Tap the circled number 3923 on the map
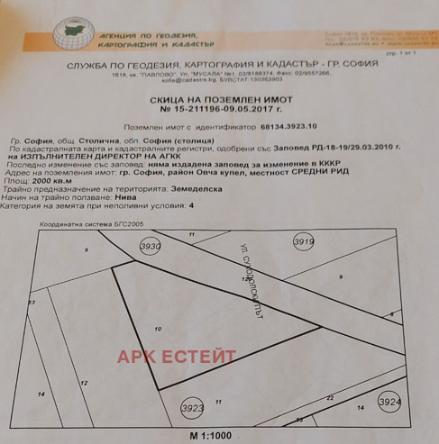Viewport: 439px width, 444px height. [193, 407]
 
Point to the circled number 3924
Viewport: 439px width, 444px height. [390, 401]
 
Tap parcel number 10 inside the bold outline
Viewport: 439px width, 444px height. [158, 331]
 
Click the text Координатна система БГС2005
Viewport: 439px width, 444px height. [90, 222]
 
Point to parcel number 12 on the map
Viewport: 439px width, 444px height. [83, 384]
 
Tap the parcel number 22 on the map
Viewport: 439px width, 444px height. [329, 396]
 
